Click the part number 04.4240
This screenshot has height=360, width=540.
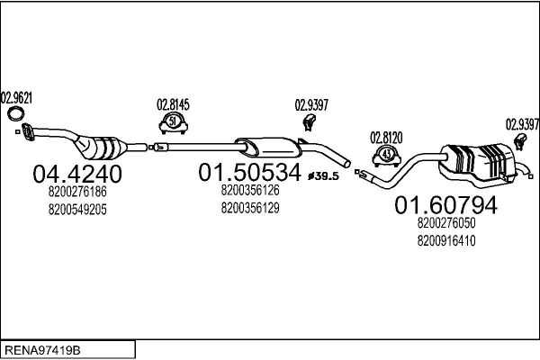[x=77, y=174]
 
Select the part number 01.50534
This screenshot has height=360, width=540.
[x=249, y=172]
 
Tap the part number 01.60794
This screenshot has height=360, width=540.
[x=446, y=205]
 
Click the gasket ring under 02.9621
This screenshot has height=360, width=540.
[x=15, y=113]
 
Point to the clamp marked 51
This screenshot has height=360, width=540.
[x=173, y=123]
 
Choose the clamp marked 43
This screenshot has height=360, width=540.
[x=387, y=156]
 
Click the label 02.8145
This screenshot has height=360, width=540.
[x=173, y=104]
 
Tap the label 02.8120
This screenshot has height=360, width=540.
[x=386, y=138]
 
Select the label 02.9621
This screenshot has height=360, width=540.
[x=16, y=98]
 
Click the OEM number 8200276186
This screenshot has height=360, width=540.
[x=77, y=192]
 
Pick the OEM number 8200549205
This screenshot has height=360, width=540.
[x=77, y=209]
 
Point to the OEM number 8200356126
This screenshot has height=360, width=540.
[x=250, y=190]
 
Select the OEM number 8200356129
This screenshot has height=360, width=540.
[x=250, y=208]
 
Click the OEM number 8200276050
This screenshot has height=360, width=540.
[x=446, y=223]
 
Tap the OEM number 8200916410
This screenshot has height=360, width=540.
[x=446, y=240]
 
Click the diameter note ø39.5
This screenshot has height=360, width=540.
[x=323, y=176]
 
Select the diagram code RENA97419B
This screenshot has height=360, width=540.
[x=42, y=350]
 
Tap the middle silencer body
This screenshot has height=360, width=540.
[x=267, y=147]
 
